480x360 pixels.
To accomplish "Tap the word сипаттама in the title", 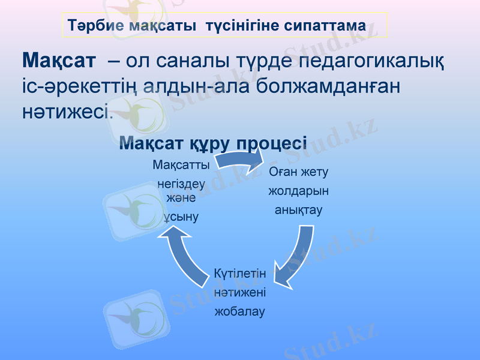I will tap(326, 26).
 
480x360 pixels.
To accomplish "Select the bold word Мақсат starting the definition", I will tap(59, 60).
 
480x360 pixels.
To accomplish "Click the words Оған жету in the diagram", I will tap(299, 172).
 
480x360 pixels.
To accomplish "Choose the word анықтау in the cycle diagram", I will tap(299, 211).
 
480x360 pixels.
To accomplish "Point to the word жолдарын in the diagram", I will tap(299, 191).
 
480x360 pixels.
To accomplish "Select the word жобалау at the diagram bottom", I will tap(240, 312).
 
